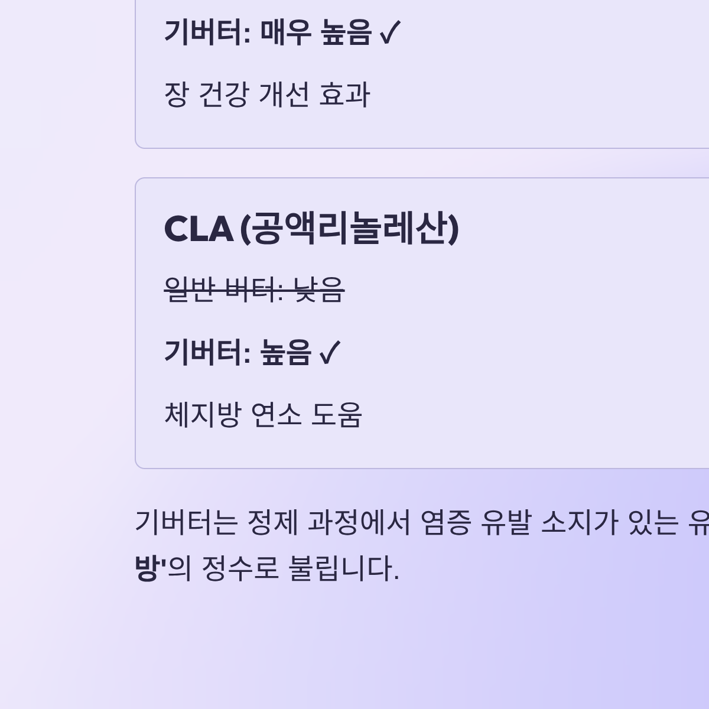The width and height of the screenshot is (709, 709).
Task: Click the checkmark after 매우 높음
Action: (x=389, y=33)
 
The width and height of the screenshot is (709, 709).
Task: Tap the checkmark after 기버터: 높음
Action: (x=330, y=353)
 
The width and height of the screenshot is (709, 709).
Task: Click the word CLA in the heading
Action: (x=198, y=229)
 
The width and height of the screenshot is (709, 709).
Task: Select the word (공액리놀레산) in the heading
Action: (x=349, y=229)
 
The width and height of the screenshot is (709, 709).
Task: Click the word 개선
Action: (x=284, y=95)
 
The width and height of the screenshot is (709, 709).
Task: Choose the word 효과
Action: (x=344, y=95)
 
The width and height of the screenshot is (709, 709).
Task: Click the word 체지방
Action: (x=202, y=414)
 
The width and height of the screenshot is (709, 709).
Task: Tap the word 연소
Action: (x=276, y=414)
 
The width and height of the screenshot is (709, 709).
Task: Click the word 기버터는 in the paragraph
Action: (x=186, y=522)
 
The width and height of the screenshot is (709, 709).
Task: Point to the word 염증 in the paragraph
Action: (x=445, y=522)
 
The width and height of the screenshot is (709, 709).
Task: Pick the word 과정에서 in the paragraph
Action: (x=359, y=522)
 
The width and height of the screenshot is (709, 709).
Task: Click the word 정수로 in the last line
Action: (x=240, y=569)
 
